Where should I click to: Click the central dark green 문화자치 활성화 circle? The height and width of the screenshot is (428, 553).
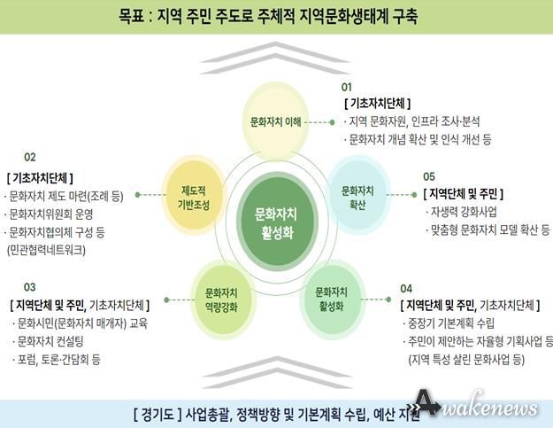point(277,222)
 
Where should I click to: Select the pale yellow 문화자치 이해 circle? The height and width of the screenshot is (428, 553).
point(276,121)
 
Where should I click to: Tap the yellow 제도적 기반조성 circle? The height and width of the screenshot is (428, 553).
point(194,196)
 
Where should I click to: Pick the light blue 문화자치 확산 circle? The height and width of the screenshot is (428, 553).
point(357,195)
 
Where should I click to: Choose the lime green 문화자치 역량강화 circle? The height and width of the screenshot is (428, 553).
point(221,300)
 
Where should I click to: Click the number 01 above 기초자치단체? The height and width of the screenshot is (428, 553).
point(346,87)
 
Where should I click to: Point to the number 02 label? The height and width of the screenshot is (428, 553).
point(30,157)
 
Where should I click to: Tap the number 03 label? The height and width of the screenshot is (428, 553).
point(29,287)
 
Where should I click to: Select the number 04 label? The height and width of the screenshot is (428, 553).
point(406,289)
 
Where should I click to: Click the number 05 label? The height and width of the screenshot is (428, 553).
point(429,176)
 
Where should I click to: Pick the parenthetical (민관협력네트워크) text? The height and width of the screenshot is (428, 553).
point(46,250)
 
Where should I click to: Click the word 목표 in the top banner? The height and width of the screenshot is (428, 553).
point(131,17)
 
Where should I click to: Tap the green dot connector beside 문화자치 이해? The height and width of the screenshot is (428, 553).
point(332,122)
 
